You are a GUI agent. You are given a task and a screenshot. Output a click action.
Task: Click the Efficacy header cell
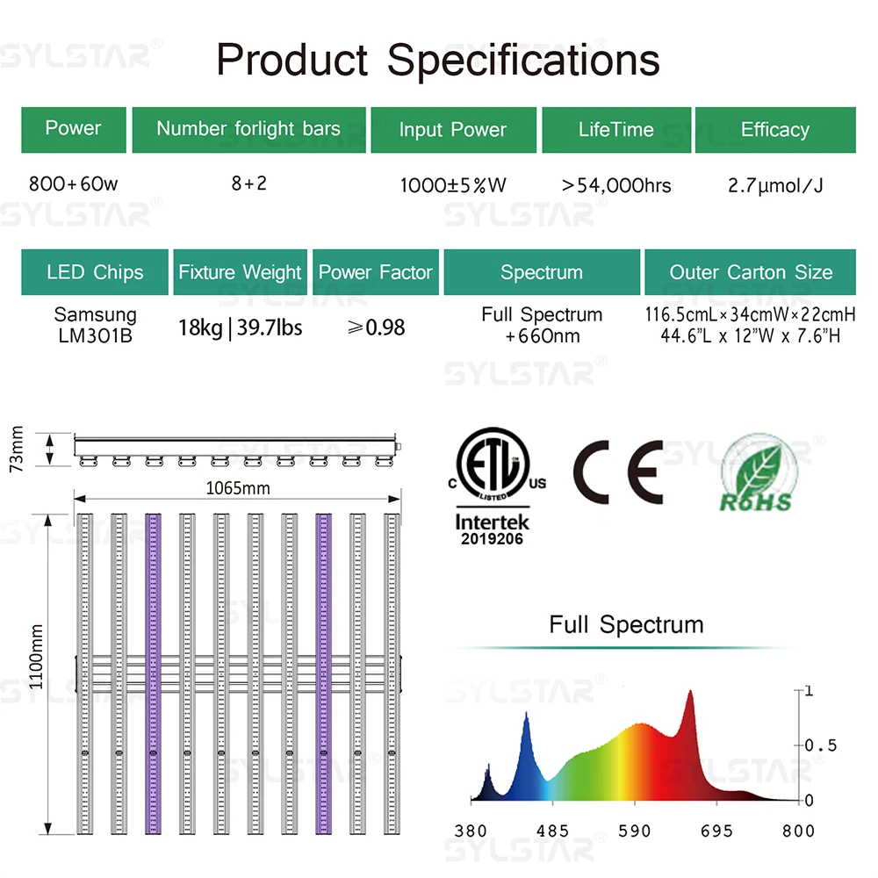pyautogui.click(x=774, y=130)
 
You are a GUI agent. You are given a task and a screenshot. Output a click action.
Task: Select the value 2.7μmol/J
pyautogui.click(x=775, y=185)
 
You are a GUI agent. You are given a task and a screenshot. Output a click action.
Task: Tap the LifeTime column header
pyautogui.click(x=615, y=130)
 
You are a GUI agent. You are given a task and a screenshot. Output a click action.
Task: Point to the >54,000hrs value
pyautogui.click(x=616, y=185)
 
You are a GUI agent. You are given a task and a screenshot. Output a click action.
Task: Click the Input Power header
pyautogui.click(x=452, y=130)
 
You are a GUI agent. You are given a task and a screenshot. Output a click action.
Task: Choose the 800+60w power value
pyautogui.click(x=73, y=184)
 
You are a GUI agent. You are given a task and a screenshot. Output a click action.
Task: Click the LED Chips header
pyautogui.click(x=95, y=272)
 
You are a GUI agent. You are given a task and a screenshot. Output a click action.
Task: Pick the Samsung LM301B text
pyautogui.click(x=95, y=324)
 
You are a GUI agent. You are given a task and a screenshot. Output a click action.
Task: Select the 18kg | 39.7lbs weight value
pyautogui.click(x=240, y=327)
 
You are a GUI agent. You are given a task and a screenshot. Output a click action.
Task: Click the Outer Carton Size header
pyautogui.click(x=751, y=272)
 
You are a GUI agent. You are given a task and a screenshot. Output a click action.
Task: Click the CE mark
pyautogui.click(x=618, y=471)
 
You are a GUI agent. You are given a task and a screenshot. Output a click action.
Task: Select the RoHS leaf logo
pyautogui.click(x=756, y=474)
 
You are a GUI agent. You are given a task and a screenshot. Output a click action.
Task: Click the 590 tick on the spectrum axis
pyautogui.click(x=634, y=831)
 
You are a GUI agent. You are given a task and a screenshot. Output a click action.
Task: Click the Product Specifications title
pyautogui.click(x=438, y=60)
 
